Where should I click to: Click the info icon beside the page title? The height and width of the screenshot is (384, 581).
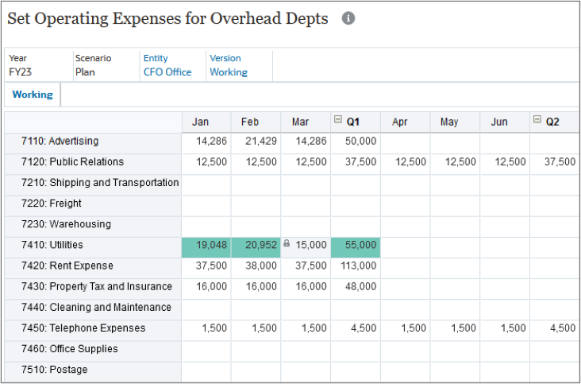(x=348, y=19)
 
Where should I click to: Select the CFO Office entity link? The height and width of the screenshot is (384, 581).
(x=167, y=72)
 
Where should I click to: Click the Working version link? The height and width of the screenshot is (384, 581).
(x=228, y=72)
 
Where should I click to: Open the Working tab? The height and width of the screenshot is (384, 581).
(x=33, y=95)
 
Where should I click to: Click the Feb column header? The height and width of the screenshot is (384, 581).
(x=250, y=122)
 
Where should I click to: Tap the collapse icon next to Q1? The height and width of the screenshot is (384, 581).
(x=338, y=121)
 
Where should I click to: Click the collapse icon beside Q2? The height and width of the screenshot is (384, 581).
(x=537, y=121)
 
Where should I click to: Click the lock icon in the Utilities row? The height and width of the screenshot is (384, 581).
(x=287, y=245)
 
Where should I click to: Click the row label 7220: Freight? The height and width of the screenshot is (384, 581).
(x=66, y=204)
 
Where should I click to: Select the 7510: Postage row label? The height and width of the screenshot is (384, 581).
(x=68, y=369)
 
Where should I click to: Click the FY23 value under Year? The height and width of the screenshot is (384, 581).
(x=21, y=72)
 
